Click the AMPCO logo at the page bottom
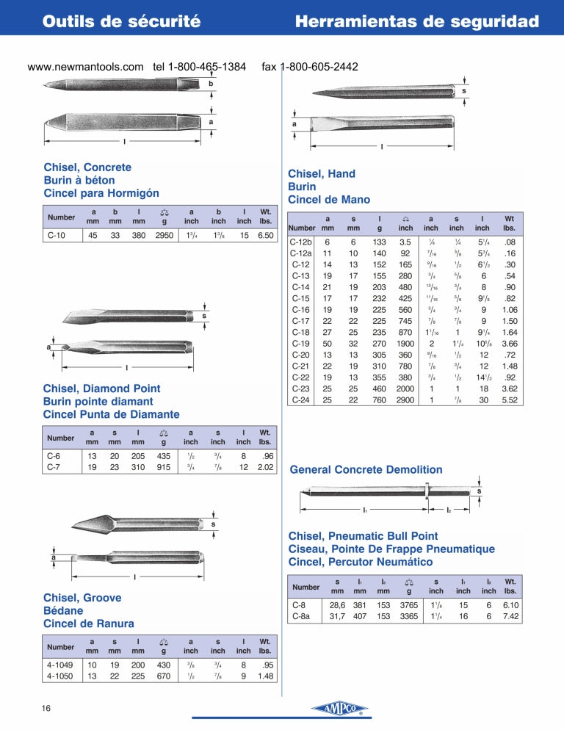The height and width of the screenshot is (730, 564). coord(340,709)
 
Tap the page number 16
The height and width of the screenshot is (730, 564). coord(46,708)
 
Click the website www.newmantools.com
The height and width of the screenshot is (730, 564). coord(85,67)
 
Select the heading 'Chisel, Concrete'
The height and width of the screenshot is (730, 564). coord(87,167)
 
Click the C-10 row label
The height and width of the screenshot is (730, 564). coord(57,235)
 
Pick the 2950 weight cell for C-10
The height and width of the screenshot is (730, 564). coord(164,235)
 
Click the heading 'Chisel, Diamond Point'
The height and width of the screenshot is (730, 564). coord(101,389)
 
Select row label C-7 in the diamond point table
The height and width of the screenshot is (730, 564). coord(54,467)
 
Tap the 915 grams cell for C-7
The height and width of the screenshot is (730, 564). coord(164,467)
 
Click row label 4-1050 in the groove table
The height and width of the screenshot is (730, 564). coord(59,676)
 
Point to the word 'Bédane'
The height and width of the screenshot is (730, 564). coord(63,610)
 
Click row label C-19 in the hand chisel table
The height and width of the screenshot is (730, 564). coord(300,344)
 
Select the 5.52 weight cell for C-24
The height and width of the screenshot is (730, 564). coord(510,400)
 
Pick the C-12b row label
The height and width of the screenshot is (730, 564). coord(300,242)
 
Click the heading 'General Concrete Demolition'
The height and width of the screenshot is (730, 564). coord(366,469)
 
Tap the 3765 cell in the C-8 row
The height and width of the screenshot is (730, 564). coord(409,605)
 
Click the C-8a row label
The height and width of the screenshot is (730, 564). coord(301,616)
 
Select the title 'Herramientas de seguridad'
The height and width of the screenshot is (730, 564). coord(417,21)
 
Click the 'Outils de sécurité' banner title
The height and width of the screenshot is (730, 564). coord(122,21)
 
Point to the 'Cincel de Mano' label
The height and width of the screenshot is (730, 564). coord(329,199)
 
